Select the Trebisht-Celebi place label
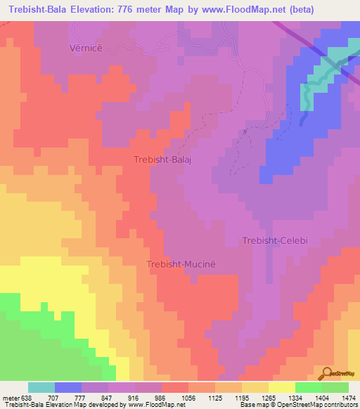(275, 240)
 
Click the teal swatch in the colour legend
(41, 387)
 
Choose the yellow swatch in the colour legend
(281, 387)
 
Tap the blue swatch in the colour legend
(68, 387)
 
